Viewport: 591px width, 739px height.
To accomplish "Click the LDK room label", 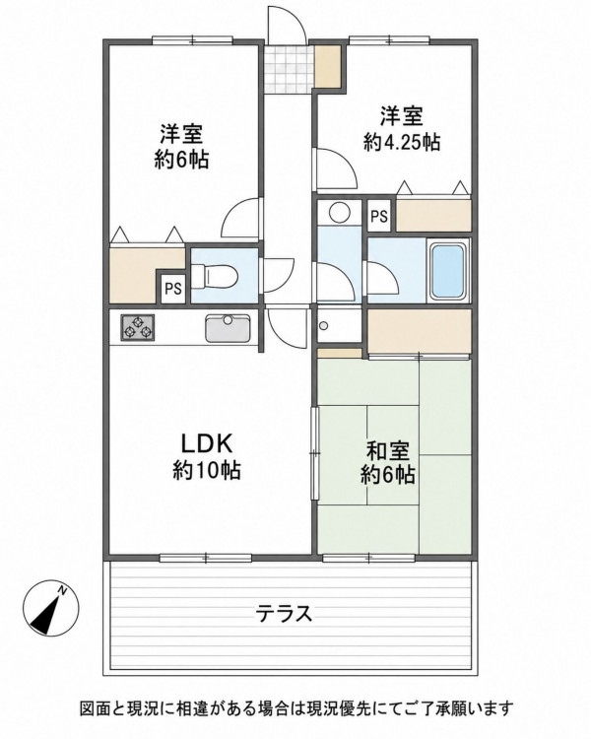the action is pos(207,443).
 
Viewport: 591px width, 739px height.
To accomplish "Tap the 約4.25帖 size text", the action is pos(402,141).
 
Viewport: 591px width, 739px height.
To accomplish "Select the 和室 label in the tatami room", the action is pos(388,451).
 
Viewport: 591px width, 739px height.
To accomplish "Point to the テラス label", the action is pos(284,613).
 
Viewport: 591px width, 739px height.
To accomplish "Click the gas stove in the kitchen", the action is pos(138,327).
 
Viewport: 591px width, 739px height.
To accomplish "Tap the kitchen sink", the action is pos(228,327).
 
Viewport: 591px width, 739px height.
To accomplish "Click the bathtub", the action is pos(447,271).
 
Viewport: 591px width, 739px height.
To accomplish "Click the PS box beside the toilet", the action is pos(173,288).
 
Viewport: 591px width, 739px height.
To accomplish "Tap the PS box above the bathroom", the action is pos(379,216).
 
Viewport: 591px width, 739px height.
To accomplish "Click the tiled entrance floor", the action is pos(289,69).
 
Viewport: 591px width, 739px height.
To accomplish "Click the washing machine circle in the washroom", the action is pos(338,212).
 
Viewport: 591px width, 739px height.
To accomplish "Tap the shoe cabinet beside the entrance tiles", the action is pos(328,66).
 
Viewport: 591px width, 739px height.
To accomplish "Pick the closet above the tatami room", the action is pos(420,331).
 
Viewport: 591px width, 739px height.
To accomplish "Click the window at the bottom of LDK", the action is pos(206,558).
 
